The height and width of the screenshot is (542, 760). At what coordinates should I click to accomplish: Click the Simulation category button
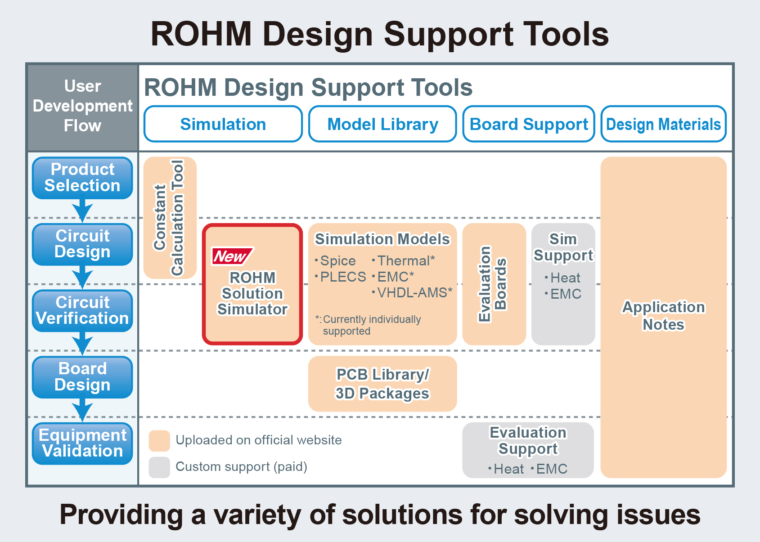(223, 124)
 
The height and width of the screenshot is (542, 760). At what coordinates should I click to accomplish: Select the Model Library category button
(382, 124)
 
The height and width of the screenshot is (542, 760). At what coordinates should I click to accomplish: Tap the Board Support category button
(529, 124)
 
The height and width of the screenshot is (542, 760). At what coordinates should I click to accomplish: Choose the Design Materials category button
(663, 124)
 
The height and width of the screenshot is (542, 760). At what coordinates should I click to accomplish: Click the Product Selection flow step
(82, 178)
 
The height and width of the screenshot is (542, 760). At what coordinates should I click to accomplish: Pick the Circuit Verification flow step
(82, 311)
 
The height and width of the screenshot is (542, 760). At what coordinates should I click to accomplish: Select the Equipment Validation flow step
(82, 443)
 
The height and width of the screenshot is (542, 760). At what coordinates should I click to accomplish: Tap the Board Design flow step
(82, 377)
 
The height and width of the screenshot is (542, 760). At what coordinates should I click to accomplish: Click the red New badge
(232, 256)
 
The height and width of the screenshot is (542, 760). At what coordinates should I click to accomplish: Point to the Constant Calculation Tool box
(170, 218)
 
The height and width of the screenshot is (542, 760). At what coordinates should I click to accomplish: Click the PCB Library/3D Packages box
(382, 384)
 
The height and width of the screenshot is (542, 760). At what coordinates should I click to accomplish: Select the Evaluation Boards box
(494, 284)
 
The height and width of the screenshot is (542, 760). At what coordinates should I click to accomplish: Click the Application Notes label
(663, 315)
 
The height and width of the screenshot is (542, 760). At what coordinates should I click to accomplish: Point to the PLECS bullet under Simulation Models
(342, 277)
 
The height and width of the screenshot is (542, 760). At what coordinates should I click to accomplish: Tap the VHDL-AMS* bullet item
(414, 293)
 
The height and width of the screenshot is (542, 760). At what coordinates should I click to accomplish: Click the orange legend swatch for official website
(159, 440)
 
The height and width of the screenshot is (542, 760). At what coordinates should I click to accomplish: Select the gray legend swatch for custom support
(159, 467)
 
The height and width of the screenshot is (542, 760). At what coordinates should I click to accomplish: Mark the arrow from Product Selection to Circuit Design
(82, 211)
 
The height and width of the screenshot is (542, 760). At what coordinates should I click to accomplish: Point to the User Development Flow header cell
(82, 106)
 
